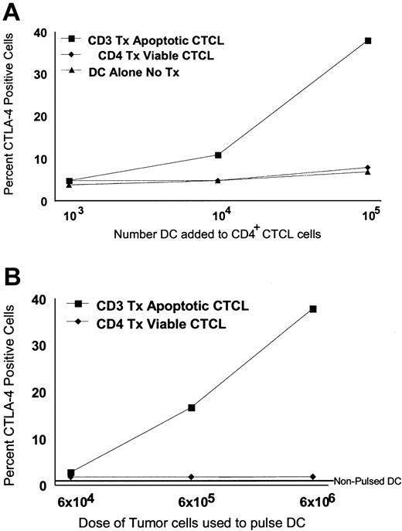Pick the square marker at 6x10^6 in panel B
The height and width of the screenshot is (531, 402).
point(313,309)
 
